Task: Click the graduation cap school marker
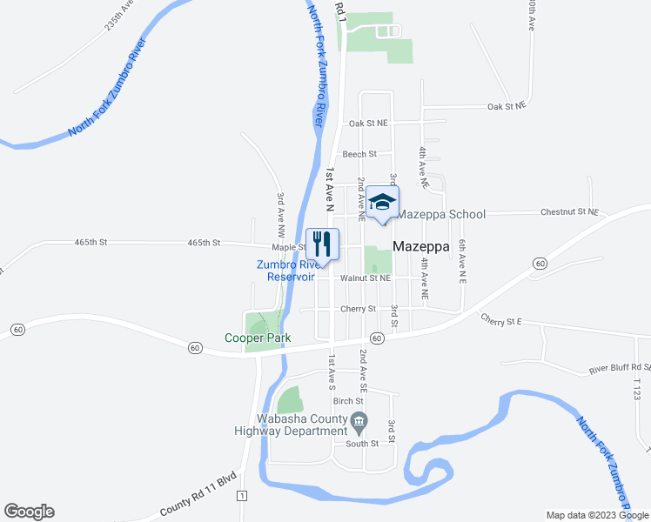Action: click(380, 202)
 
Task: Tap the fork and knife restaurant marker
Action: click(322, 243)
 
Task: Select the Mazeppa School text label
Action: click(442, 213)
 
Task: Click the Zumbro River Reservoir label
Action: click(291, 271)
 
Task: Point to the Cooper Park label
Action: click(258, 338)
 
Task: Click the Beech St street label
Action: click(359, 154)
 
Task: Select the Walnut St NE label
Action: click(366, 278)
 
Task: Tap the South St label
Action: click(362, 443)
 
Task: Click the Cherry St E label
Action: click(500, 321)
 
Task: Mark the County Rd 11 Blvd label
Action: click(198, 508)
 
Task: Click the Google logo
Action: click(29, 512)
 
